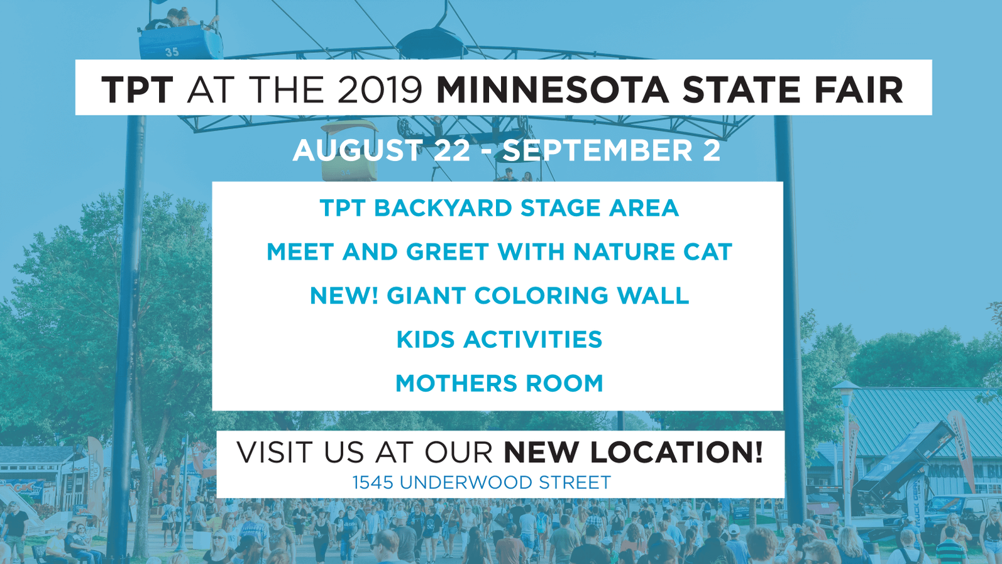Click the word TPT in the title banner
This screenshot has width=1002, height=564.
137,90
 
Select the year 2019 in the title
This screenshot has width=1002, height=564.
380,90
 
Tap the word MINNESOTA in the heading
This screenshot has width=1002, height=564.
553,90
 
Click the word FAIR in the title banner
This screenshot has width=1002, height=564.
859,90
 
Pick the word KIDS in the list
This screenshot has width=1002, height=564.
426,340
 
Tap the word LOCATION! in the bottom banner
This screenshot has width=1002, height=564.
633,452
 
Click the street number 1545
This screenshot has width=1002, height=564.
373,483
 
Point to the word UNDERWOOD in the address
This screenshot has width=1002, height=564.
466,483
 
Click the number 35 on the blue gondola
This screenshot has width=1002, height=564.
172,52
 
